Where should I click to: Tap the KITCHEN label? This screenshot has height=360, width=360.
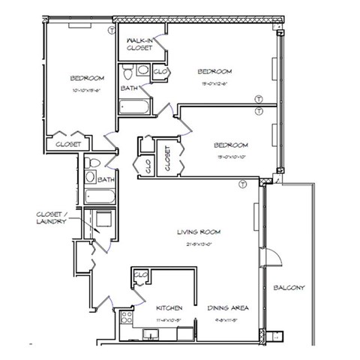pos(169,308)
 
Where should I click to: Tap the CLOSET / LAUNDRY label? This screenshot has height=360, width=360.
pos(52,217)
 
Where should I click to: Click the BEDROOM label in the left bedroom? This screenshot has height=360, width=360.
pos(87,77)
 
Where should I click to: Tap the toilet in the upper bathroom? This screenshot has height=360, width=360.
pos(128,73)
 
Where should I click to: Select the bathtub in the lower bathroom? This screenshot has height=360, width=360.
pos(99,197)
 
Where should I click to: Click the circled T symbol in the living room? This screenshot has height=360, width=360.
pos(242,184)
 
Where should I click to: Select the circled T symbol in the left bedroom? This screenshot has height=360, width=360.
pos(112,30)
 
